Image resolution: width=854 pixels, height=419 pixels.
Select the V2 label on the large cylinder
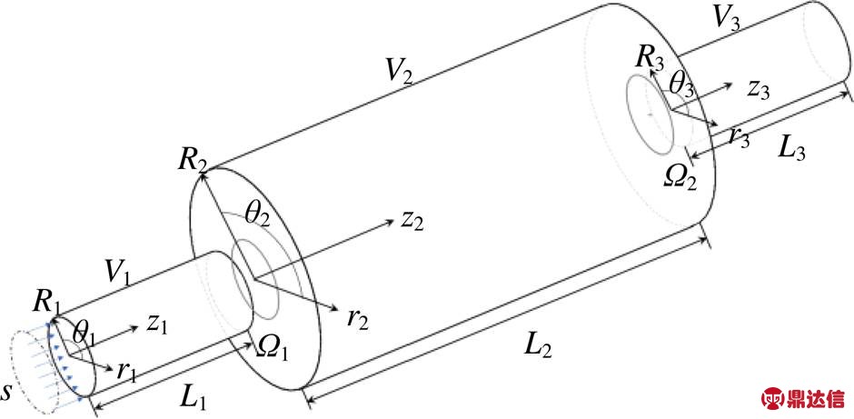[x=399, y=70]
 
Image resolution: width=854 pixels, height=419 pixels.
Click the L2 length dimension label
[x=538, y=347]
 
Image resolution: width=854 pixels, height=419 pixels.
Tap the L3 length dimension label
[x=792, y=148]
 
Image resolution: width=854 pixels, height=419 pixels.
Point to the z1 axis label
[x=156, y=325]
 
